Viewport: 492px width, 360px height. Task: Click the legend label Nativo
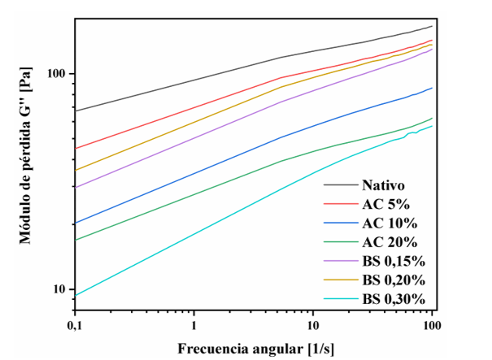384,184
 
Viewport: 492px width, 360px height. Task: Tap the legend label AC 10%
390,223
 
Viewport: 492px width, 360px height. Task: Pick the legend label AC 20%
390,241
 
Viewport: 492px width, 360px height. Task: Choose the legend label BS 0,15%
394,261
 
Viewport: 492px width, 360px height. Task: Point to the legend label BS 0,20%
394,280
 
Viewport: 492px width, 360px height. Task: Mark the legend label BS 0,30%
394,299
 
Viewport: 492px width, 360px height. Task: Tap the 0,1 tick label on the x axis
75,326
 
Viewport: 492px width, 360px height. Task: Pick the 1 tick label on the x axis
194,326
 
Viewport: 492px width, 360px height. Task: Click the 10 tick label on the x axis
313,326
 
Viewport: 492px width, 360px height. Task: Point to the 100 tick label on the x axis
432,326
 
